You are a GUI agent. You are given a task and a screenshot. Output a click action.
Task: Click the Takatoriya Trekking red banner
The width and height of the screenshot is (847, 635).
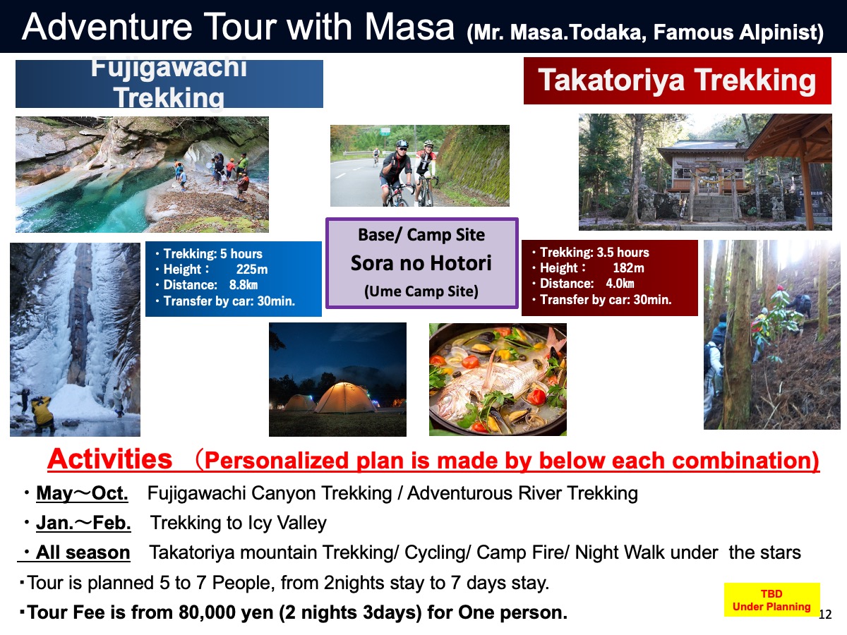pos(677,80)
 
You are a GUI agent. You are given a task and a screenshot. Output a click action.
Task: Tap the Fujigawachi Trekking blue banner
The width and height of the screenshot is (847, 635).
pos(169,84)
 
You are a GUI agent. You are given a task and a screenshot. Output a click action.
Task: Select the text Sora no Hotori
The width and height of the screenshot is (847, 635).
pos(421,263)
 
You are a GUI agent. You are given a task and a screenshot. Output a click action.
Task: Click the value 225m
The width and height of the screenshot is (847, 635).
pos(251,269)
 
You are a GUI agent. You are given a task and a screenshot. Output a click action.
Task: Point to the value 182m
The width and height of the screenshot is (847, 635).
pos(628,267)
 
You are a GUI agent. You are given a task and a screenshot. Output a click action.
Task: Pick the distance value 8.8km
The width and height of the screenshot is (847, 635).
pos(243,284)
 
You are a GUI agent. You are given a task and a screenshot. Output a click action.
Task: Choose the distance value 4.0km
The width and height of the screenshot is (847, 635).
pos(620,284)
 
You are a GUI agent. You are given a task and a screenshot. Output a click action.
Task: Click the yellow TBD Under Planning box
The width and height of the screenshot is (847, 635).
pos(771,600)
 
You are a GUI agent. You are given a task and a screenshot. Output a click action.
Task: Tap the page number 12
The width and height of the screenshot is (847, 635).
pos(825,615)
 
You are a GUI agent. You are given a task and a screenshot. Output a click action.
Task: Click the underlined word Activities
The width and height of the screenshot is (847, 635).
pos(110,459)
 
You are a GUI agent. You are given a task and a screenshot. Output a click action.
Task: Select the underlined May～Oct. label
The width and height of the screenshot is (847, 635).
pos(82,493)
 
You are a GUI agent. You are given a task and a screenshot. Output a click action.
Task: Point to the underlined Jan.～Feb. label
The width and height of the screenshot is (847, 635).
pos(83,524)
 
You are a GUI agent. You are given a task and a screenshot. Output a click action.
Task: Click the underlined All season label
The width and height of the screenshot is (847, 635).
pos(83,552)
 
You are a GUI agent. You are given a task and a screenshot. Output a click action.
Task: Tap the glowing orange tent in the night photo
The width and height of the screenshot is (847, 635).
pos(345,398)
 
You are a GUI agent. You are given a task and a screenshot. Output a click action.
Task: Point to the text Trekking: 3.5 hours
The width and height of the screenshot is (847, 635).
pos(594,252)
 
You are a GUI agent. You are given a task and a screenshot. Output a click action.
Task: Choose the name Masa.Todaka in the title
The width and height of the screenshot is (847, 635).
pos(578,32)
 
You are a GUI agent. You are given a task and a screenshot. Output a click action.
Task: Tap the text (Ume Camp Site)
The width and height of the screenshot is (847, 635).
pos(421,291)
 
